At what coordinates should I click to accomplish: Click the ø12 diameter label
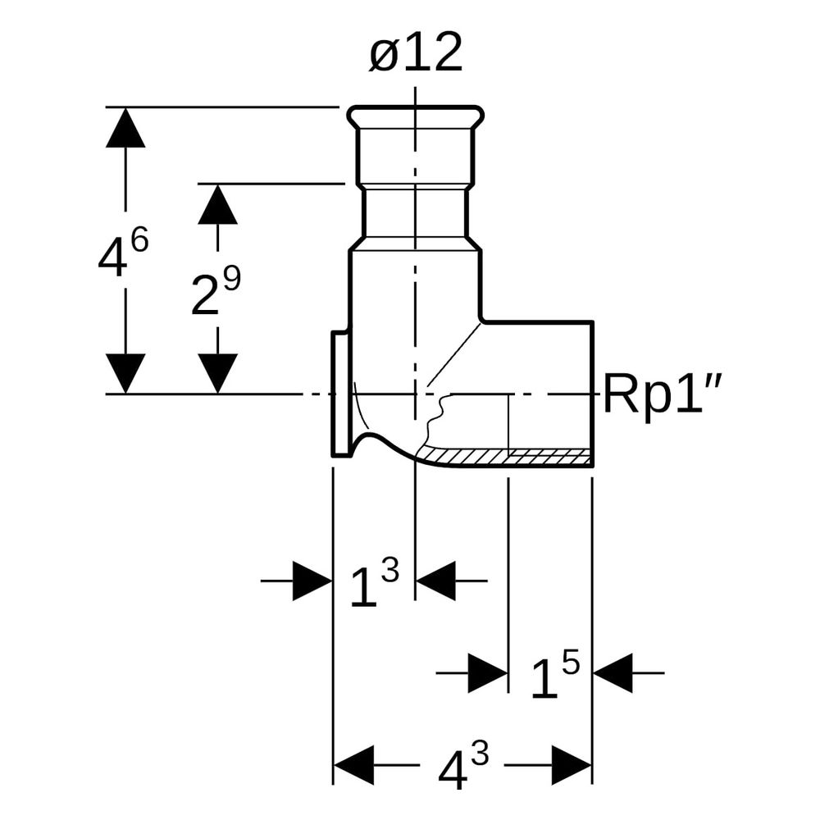(416, 52)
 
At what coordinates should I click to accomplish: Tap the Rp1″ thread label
(663, 394)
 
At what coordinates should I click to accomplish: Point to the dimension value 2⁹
(216, 292)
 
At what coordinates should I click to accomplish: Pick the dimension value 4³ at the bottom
(463, 766)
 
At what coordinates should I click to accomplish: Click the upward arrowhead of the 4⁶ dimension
(125, 127)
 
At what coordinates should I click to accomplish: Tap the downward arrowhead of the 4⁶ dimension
(125, 373)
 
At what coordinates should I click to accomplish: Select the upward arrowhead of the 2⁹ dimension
(217, 204)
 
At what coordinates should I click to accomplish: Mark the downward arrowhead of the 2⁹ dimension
(217, 373)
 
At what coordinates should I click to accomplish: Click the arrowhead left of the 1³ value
(312, 581)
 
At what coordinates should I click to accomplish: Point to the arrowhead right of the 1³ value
(435, 581)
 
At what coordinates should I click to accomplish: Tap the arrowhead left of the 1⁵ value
(489, 672)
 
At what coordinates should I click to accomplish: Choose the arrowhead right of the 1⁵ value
(613, 672)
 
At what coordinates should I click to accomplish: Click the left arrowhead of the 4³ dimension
(354, 765)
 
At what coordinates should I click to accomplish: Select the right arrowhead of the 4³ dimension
(572, 765)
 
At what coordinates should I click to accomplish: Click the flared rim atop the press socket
(416, 117)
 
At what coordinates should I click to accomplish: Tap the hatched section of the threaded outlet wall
(504, 456)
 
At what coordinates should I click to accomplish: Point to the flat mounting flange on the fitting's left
(341, 394)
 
